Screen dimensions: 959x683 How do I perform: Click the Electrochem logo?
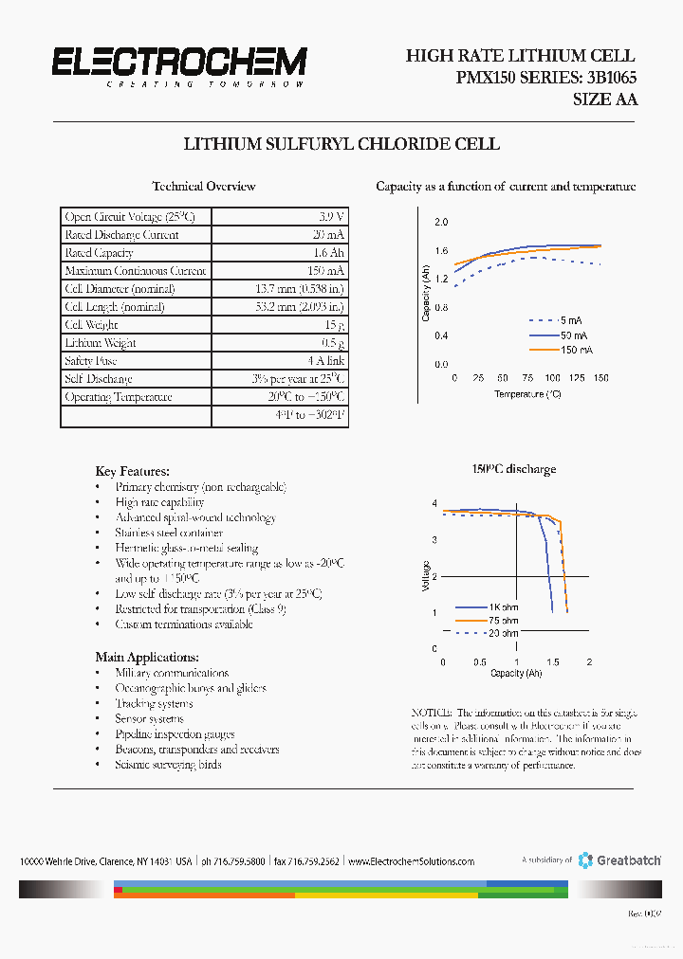178,65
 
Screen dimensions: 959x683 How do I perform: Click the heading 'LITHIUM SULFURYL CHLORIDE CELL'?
341,144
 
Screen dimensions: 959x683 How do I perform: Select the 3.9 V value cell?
331,217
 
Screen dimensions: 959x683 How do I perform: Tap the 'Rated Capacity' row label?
99,253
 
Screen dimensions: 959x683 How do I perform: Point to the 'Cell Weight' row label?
91,325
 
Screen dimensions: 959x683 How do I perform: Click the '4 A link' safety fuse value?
326,361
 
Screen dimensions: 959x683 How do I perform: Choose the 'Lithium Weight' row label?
100,343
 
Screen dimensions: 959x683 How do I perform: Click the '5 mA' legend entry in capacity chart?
572,320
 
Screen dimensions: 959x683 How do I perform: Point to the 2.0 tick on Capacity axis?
441,222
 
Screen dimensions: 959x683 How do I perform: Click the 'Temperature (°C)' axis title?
527,393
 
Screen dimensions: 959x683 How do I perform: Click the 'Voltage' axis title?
426,576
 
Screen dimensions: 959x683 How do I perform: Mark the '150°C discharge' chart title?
514,469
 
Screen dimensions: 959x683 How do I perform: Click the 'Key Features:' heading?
133,471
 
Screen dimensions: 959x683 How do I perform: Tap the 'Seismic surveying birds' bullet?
168,765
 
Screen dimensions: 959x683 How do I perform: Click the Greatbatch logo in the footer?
620,859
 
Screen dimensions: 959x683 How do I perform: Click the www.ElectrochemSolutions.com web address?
411,861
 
